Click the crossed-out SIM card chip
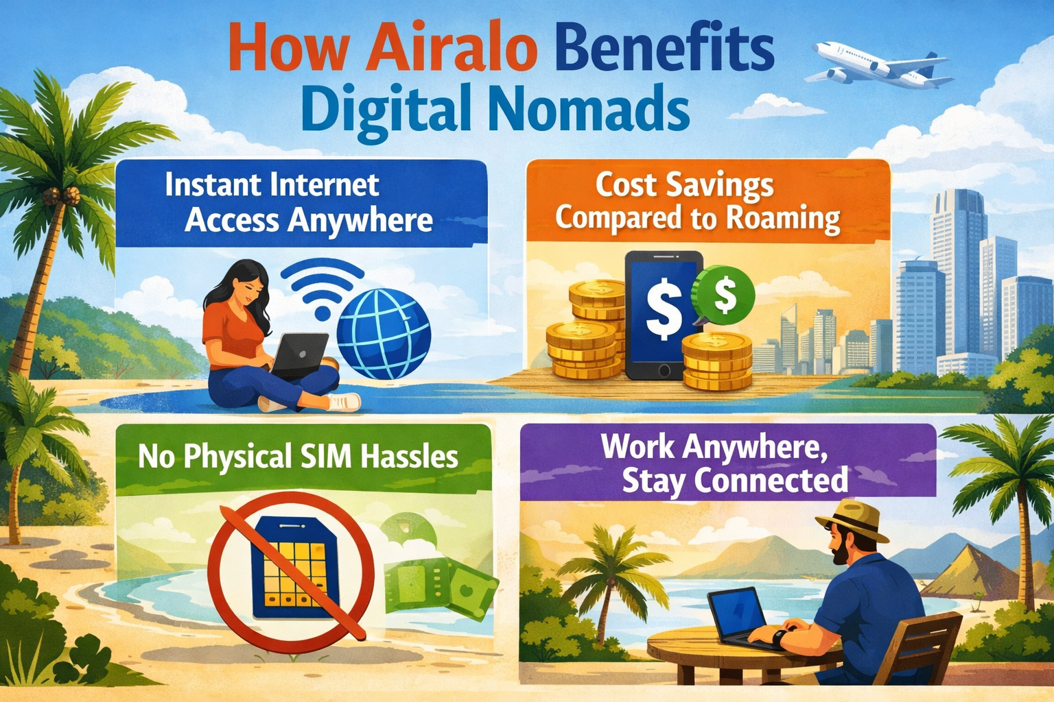[x=291, y=569]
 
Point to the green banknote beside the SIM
[x=439, y=586]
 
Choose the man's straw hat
[x=852, y=520]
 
